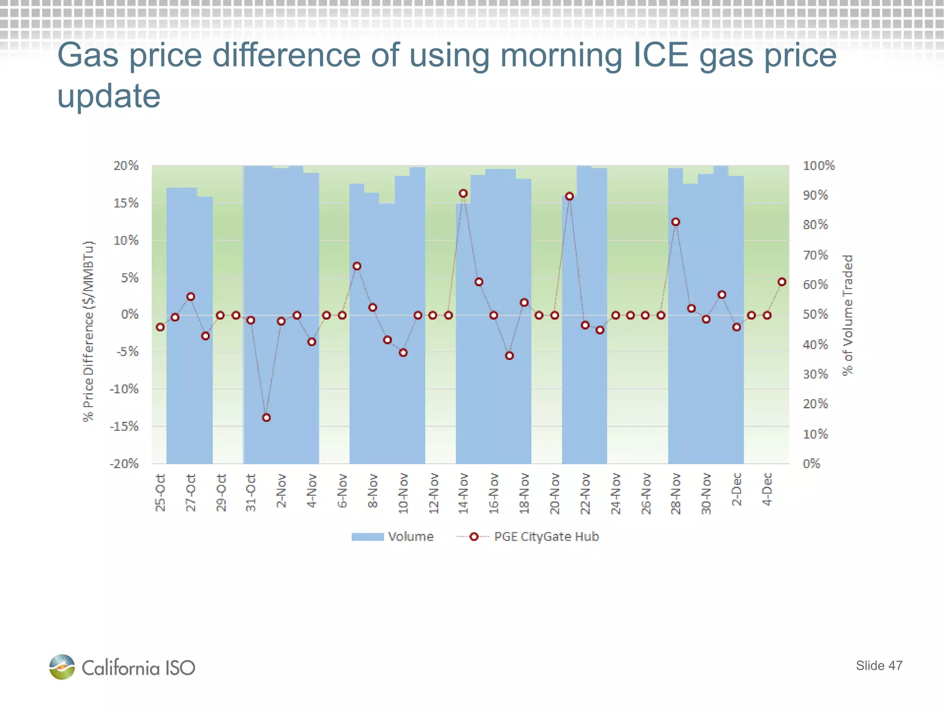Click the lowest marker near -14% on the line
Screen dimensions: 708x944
coord(266,418)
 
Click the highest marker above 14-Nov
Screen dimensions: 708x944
coord(463,194)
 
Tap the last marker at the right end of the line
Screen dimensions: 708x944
coord(782,282)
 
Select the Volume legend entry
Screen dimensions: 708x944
coord(392,537)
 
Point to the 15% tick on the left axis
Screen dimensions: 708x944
coord(126,203)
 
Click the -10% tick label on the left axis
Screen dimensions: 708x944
coord(124,389)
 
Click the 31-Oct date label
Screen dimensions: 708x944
coord(251,492)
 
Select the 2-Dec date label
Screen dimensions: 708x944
coord(737,490)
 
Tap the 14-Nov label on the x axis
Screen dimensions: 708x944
coord(463,493)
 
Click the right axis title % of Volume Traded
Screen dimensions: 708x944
coord(848,315)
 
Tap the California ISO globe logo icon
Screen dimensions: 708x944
coord(62,667)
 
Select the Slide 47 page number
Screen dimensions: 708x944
coord(879,666)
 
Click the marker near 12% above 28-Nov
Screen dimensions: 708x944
coord(676,222)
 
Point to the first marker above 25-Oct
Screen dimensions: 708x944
coord(160,327)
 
